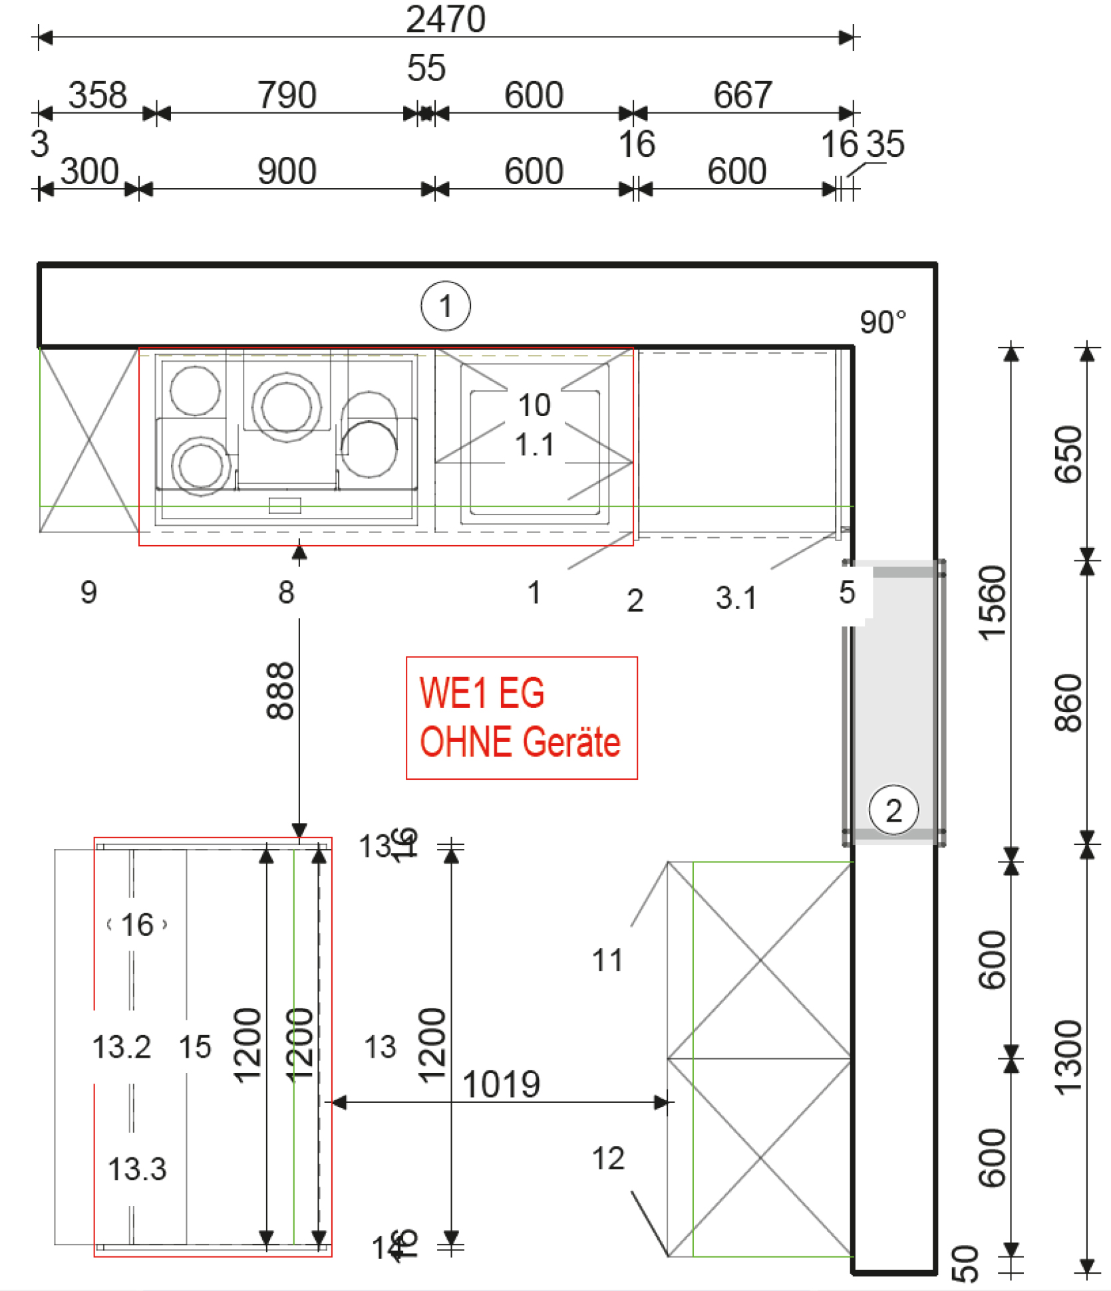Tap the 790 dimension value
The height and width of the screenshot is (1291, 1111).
click(x=287, y=95)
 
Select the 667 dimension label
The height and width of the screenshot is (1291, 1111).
click(x=742, y=95)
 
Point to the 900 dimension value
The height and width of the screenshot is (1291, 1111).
click(x=287, y=171)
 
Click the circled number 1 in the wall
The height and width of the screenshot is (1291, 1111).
click(x=445, y=306)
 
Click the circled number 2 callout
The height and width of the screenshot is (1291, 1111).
click(x=893, y=810)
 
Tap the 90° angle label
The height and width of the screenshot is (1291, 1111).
click(x=882, y=322)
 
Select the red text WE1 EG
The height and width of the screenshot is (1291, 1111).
click(x=482, y=693)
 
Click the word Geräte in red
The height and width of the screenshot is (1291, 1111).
click(x=571, y=742)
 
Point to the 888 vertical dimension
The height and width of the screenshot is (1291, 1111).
click(x=280, y=691)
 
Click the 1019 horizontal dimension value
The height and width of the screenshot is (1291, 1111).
click(x=501, y=1084)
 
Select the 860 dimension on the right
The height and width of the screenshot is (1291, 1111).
click(x=1068, y=703)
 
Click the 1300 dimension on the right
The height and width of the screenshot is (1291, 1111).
click(x=1068, y=1057)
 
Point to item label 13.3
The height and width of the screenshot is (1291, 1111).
click(x=137, y=1169)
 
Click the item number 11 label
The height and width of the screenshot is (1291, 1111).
click(x=607, y=961)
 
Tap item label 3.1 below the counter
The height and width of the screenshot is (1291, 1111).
click(x=736, y=598)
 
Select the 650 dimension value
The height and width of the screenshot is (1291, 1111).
click(x=1068, y=454)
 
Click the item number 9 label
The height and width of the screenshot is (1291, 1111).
click(x=88, y=592)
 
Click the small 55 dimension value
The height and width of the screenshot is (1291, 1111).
click(x=426, y=68)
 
